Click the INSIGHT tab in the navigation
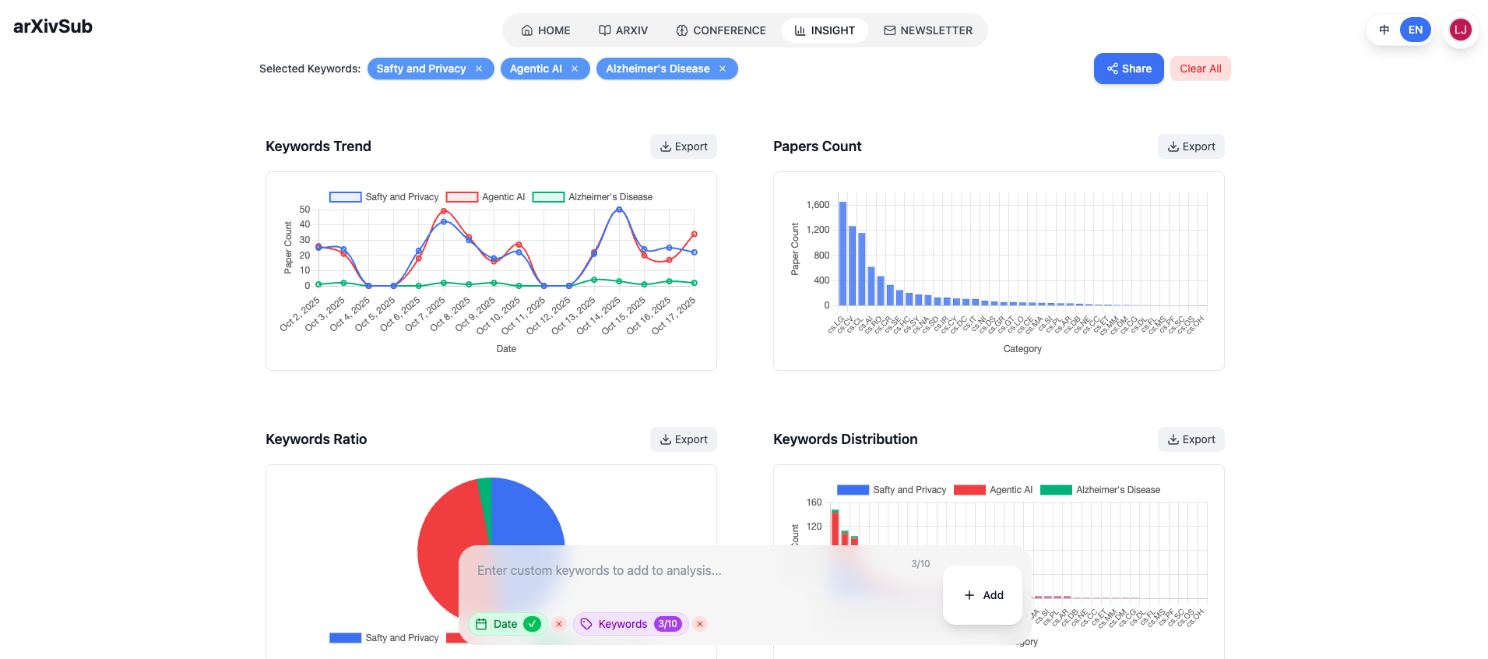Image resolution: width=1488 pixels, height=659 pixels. pos(825,30)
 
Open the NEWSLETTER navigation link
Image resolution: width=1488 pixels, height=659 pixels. pos(928,30)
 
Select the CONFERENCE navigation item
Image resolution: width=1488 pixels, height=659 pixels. pos(721,30)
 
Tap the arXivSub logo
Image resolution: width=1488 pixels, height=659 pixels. pos(53,26)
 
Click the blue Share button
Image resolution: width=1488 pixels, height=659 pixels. pos(1128,69)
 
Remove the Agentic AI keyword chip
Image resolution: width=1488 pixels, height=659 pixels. pos(575,69)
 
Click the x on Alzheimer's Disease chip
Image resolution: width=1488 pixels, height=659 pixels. pos(723,69)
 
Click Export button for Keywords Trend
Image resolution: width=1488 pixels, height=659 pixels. pos(683,146)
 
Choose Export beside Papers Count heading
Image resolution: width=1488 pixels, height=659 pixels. pos(1191,146)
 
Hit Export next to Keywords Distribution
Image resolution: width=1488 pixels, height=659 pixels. pos(1191,439)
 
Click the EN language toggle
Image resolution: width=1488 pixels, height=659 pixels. pos(1415,30)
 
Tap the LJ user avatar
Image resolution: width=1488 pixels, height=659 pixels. pos(1460,30)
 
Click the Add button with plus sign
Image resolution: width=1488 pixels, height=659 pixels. pos(983,595)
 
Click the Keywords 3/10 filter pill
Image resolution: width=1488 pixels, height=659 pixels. pos(631,624)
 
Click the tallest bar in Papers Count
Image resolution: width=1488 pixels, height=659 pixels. pos(842,253)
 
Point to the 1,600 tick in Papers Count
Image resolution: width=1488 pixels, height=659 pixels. pos(818,205)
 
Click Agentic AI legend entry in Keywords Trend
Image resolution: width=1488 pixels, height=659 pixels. pos(485,197)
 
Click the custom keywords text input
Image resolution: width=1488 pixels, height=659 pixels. pos(685,571)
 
